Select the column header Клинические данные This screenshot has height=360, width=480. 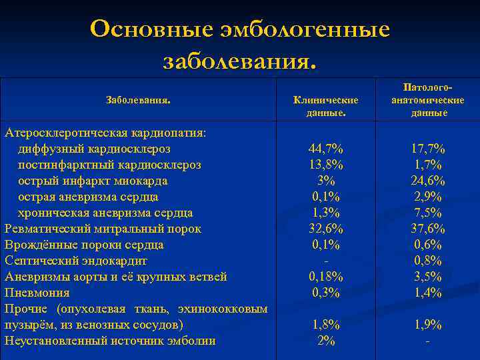coord(326,106)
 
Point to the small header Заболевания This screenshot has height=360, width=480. coord(139,100)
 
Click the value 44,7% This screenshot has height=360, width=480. coord(326,149)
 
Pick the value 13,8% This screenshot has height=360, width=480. coord(326,165)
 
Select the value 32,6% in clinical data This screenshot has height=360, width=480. coord(326,229)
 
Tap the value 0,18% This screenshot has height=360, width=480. coord(326,277)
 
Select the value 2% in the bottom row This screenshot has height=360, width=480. coord(326,341)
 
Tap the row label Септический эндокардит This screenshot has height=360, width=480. coord(76,261)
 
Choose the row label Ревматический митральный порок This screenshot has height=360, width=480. coord(103,229)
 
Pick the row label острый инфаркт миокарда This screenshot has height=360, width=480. coord(93,181)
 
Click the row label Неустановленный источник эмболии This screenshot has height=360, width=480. coord(110,341)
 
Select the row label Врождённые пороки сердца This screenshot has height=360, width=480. coord(84,245)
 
